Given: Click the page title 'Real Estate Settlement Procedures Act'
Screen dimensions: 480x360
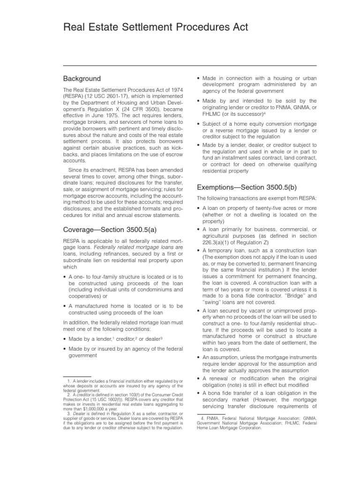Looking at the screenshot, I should (156, 28).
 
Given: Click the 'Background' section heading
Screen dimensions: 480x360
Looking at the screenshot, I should (82, 78).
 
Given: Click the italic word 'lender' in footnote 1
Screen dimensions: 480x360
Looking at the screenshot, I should (82, 378).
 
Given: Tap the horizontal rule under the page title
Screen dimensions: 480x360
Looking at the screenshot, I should (190, 65).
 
